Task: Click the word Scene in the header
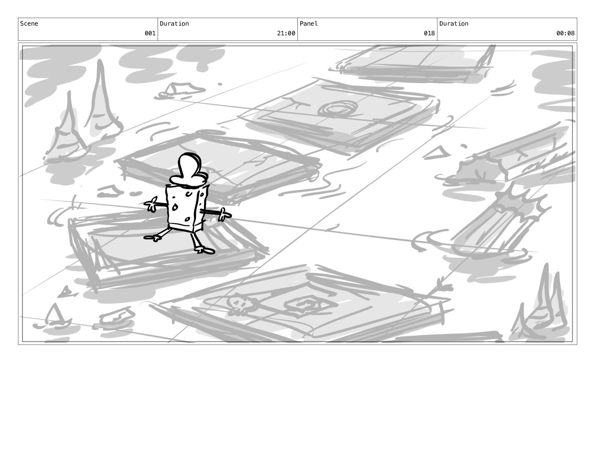click(x=29, y=23)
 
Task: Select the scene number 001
click(x=150, y=33)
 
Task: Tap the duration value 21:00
click(x=286, y=33)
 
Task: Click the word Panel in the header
click(x=308, y=23)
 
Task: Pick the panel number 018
click(x=429, y=33)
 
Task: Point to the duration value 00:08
click(x=565, y=33)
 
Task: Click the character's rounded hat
click(x=189, y=170)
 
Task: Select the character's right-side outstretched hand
click(x=225, y=215)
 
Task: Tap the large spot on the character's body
click(x=175, y=207)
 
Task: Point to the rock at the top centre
click(x=181, y=89)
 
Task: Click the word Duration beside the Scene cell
click(x=174, y=23)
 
